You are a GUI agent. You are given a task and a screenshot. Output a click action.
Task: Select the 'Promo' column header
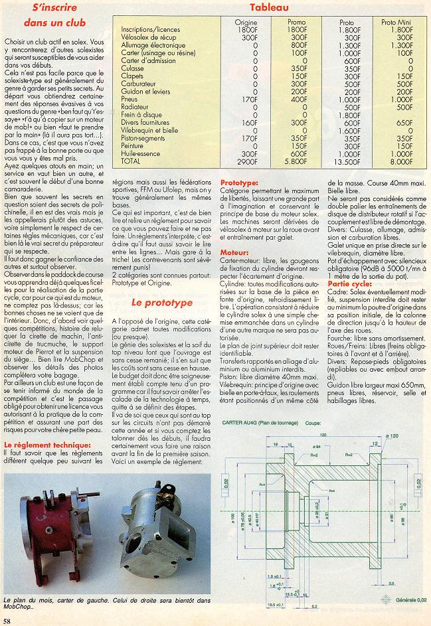tap(297, 22)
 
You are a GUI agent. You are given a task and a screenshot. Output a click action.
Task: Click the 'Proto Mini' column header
tap(397, 22)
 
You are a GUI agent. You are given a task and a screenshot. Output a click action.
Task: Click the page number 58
tap(7, 620)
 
